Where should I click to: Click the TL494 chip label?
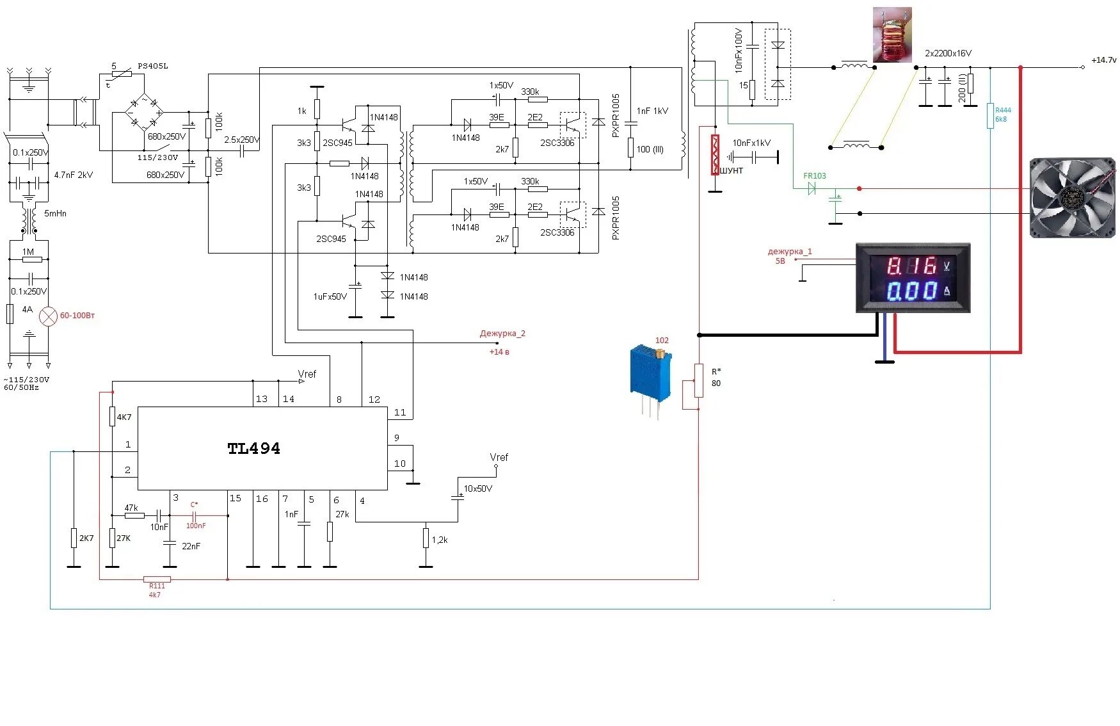pyautogui.click(x=254, y=448)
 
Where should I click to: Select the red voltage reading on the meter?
pyautogui.click(x=911, y=265)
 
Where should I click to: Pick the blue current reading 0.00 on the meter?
pyautogui.click(x=911, y=291)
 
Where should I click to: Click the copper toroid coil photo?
pyautogui.click(x=893, y=35)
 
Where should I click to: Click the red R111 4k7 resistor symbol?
pyautogui.click(x=157, y=579)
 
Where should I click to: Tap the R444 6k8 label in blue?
pyautogui.click(x=1003, y=115)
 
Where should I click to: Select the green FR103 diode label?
pyautogui.click(x=815, y=175)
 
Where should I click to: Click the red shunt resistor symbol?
pyautogui.click(x=716, y=154)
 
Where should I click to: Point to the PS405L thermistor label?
pyautogui.click(x=153, y=66)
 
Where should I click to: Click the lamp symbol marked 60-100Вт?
pyautogui.click(x=49, y=316)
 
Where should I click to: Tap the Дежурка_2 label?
pyautogui.click(x=502, y=334)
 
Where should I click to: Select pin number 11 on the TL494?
pyautogui.click(x=400, y=412)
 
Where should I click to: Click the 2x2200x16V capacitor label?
pyautogui.click(x=948, y=53)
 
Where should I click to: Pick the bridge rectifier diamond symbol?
pyautogui.click(x=144, y=113)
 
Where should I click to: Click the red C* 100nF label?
pyautogui.click(x=195, y=515)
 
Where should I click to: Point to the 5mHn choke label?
pyautogui.click(x=55, y=213)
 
